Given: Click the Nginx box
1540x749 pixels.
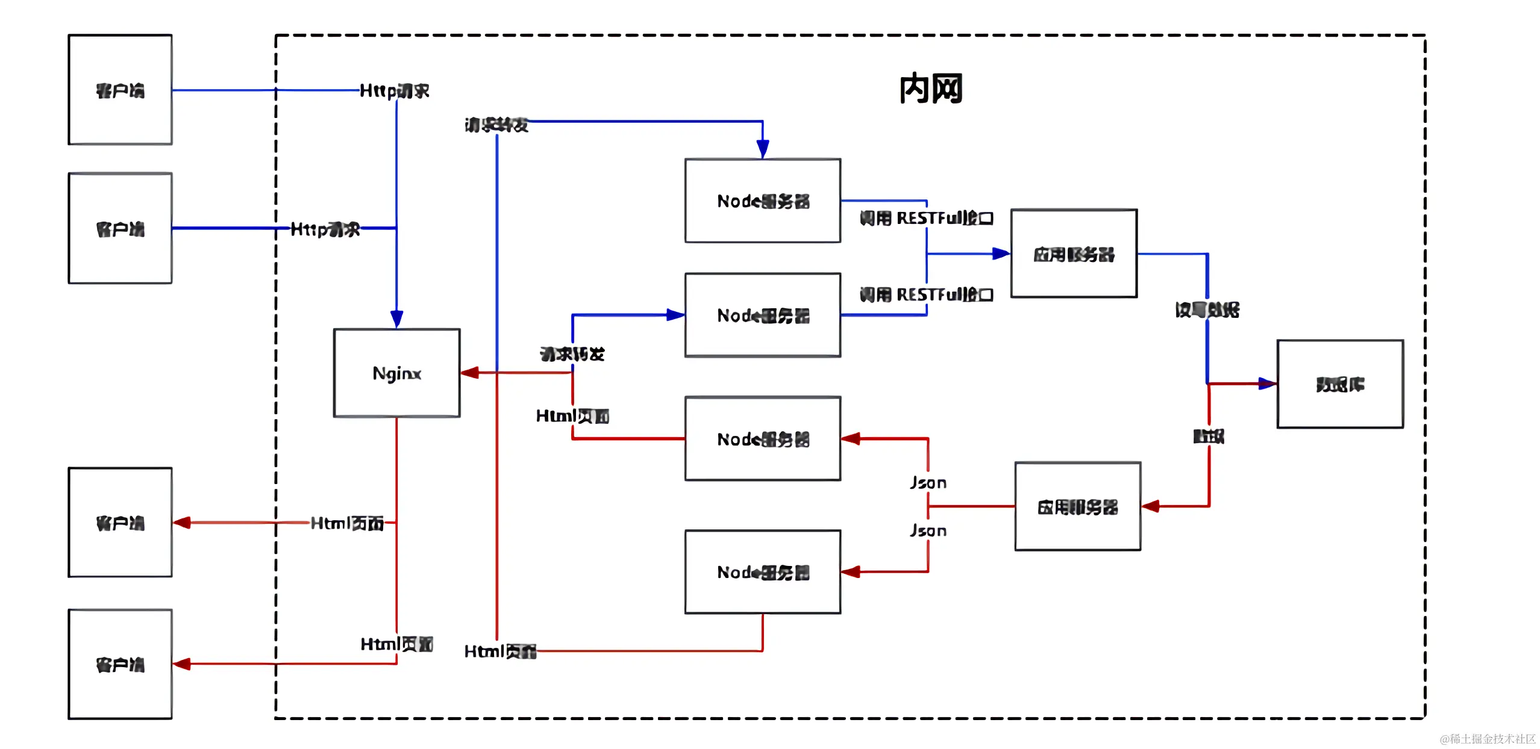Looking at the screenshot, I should [x=396, y=373].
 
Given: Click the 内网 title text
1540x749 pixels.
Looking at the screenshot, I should [x=930, y=89].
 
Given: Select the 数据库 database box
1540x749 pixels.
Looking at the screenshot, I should [x=1340, y=384].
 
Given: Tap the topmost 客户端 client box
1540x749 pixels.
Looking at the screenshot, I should [x=120, y=90].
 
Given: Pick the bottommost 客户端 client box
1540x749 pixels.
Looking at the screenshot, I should [x=120, y=664].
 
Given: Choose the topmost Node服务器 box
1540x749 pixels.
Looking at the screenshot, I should [x=763, y=200].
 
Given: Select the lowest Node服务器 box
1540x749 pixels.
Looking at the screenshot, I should [x=763, y=572].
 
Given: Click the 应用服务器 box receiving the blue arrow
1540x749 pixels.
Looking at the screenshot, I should [x=1074, y=253].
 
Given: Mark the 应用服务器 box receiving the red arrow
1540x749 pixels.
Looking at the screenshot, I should [x=1077, y=506].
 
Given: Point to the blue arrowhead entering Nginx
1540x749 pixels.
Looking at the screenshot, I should [x=396, y=319].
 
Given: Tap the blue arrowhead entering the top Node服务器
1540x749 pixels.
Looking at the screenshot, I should [x=763, y=148].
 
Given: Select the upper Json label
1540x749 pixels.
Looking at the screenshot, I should [x=928, y=483].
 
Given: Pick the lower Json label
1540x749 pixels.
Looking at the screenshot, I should [x=928, y=530].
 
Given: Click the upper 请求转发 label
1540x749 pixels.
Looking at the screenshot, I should [x=496, y=125].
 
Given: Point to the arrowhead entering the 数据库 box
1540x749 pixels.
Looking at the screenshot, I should [x=1266, y=384].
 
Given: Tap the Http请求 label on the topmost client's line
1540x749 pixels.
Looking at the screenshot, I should [x=394, y=91].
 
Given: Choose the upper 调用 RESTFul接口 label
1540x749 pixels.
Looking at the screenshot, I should [x=926, y=218].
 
